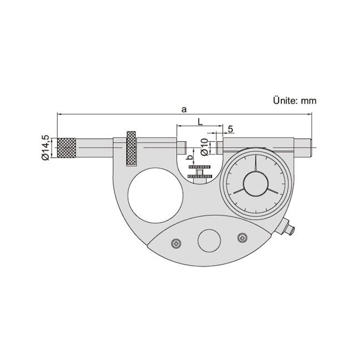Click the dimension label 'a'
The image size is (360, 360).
pyautogui.click(x=184, y=110)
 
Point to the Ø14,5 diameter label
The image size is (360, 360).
pyautogui.click(x=45, y=147)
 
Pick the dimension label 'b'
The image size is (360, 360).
pyautogui.click(x=189, y=158)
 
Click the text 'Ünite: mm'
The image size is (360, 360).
pyautogui.click(x=294, y=101)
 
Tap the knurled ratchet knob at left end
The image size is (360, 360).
pyautogui.click(x=66, y=148)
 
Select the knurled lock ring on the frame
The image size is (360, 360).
pyautogui.click(x=131, y=148)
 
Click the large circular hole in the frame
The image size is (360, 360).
pyautogui.click(x=155, y=195)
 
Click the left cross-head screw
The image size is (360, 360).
pyautogui.click(x=176, y=243)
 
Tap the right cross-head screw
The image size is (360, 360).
pyautogui.click(x=242, y=237)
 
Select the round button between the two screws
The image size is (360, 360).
pyautogui.click(x=209, y=241)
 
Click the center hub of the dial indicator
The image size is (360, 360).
pyautogui.click(x=255, y=183)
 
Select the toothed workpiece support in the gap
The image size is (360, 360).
pyautogui.click(x=200, y=172)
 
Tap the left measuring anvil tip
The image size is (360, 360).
pyautogui.click(x=182, y=147)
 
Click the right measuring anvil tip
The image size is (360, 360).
pyautogui.click(x=219, y=147)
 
